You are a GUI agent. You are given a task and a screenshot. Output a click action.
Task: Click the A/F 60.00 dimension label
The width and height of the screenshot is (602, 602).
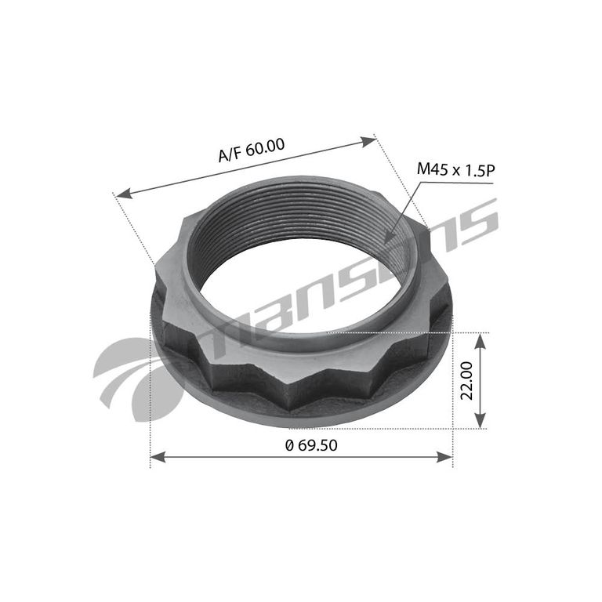252,150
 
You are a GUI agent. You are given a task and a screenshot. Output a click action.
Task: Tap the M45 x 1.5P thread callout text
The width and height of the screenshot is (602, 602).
455,169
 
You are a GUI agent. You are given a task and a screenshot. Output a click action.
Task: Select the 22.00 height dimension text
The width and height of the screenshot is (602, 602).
467,380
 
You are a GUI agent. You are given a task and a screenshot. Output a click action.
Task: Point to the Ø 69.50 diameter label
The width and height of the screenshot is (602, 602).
311,445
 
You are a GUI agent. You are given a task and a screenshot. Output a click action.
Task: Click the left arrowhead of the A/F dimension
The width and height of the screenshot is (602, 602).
124,194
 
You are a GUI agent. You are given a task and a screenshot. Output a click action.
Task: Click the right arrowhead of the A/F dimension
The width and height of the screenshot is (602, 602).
368,141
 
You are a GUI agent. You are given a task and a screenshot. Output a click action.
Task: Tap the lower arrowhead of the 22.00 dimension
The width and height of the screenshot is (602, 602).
481,419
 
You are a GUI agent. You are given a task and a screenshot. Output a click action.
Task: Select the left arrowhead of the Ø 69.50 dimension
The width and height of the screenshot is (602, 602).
158,457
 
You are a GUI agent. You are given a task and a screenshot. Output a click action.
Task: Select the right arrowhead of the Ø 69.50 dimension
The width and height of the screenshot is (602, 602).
445,457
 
